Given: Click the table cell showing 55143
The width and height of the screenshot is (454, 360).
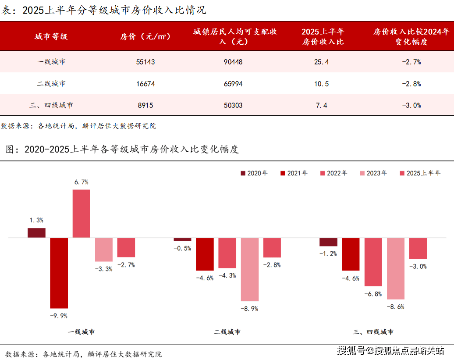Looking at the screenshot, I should tap(145, 62).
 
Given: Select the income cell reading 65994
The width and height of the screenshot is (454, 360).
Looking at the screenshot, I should tap(233, 84).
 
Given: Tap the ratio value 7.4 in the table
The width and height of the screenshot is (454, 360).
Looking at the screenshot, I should tap(321, 105).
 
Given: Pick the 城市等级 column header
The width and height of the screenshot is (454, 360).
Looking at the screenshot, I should tap(51, 37).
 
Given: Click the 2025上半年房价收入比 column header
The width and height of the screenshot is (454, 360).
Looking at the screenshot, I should tap(323, 37).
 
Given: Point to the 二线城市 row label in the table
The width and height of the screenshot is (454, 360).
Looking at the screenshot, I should tap(51, 84).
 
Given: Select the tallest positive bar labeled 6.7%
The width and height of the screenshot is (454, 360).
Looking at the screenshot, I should tap(81, 214).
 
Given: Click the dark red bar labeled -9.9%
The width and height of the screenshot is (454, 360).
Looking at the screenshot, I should tap(59, 273).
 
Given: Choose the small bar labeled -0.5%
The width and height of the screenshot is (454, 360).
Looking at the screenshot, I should tap(182, 239).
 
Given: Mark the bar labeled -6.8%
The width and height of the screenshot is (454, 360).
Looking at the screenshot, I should tap(373, 262).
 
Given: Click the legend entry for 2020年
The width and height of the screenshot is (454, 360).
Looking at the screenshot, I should tap(254, 173).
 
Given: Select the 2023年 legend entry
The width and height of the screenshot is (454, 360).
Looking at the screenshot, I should tap(373, 173).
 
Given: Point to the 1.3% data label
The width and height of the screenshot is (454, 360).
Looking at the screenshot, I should tap(36, 220).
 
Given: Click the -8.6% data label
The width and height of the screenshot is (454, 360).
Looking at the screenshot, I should tap(396, 307).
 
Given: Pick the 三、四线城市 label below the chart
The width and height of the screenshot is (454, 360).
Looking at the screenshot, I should tap(373, 332).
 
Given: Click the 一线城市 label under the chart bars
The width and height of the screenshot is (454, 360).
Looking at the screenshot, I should tap(81, 332).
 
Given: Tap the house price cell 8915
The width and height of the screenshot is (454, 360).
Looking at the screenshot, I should tap(145, 105).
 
